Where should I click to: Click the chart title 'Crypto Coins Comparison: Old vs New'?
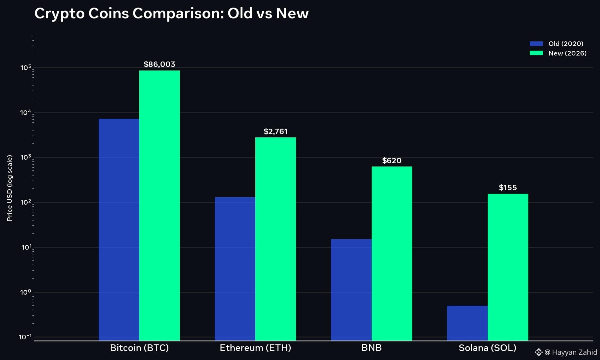pyautogui.click(x=172, y=13)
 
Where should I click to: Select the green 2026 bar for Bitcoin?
pyautogui.click(x=160, y=205)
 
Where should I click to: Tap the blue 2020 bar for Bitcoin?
pyautogui.click(x=119, y=229)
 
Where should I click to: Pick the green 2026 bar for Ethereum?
pyautogui.click(x=276, y=239)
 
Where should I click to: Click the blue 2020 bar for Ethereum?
pyautogui.click(x=235, y=269)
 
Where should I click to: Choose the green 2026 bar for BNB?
pyautogui.click(x=392, y=253)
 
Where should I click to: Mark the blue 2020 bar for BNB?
pyautogui.click(x=351, y=290)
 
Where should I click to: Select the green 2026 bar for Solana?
pyautogui.click(x=508, y=267)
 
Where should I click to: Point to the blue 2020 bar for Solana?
pyautogui.click(x=467, y=323)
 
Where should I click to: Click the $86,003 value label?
pyautogui.click(x=159, y=64)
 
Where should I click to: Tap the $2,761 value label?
pyautogui.click(x=275, y=131)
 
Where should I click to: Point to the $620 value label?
pyautogui.click(x=392, y=160)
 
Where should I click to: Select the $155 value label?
pyautogui.click(x=508, y=187)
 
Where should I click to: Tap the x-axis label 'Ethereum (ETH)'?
pyautogui.click(x=255, y=348)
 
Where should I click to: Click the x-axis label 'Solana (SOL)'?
pyautogui.click(x=487, y=348)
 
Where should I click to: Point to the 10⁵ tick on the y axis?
pyautogui.click(x=26, y=67)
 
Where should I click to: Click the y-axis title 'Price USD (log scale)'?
pyautogui.click(x=10, y=188)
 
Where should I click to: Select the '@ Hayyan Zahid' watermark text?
pyautogui.click(x=571, y=352)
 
